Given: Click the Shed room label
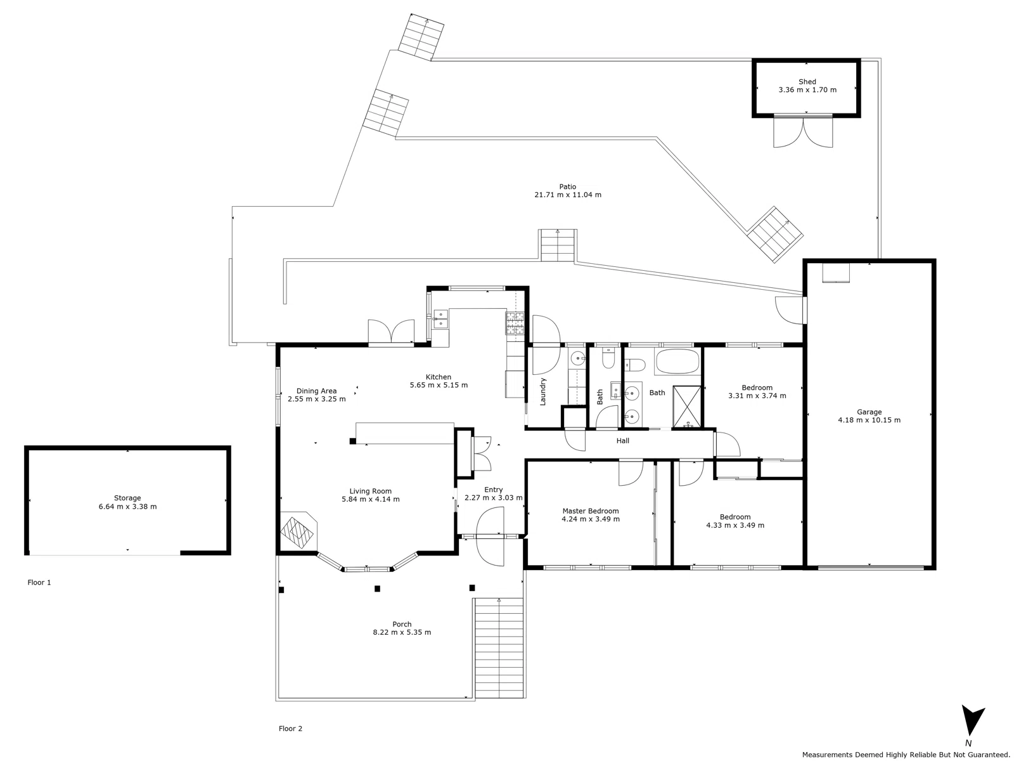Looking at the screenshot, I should pyautogui.click(x=807, y=82).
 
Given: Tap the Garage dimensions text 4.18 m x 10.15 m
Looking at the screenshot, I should pyautogui.click(x=869, y=420).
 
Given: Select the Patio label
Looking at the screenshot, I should pyautogui.click(x=567, y=186).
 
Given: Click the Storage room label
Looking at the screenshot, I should pyautogui.click(x=127, y=498).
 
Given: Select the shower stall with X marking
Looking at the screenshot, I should pyautogui.click(x=686, y=406).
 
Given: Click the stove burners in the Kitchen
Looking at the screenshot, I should pyautogui.click(x=515, y=323).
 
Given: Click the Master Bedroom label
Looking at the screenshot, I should pyautogui.click(x=590, y=511).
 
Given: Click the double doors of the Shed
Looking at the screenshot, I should pyautogui.click(x=803, y=132).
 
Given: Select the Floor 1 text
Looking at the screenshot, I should pyautogui.click(x=39, y=582).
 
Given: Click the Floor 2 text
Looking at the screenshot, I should pyautogui.click(x=290, y=729).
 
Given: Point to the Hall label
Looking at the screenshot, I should pyautogui.click(x=622, y=441).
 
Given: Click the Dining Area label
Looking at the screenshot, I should pyautogui.click(x=316, y=391).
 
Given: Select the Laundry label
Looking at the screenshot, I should pyautogui.click(x=543, y=391).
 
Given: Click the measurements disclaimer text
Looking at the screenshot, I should pyautogui.click(x=906, y=755).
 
